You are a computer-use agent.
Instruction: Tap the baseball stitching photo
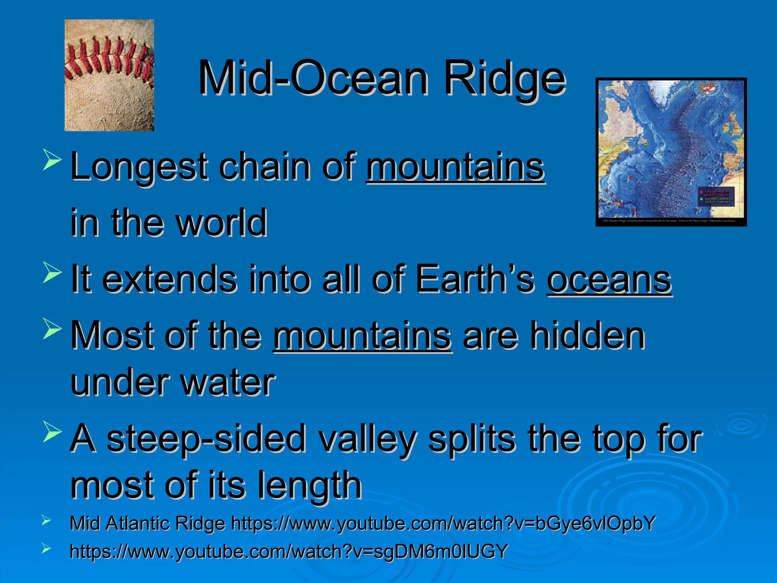point(109,75)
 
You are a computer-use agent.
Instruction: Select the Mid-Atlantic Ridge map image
point(671,152)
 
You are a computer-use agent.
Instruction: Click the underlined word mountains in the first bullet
point(455,167)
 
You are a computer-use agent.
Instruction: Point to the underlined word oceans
point(609,280)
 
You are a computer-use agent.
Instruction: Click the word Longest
point(139,167)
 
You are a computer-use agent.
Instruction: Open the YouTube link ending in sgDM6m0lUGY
point(288,551)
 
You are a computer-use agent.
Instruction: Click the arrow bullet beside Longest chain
point(52,160)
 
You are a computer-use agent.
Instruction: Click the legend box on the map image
point(716,197)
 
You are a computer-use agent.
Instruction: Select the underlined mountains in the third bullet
point(362,336)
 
